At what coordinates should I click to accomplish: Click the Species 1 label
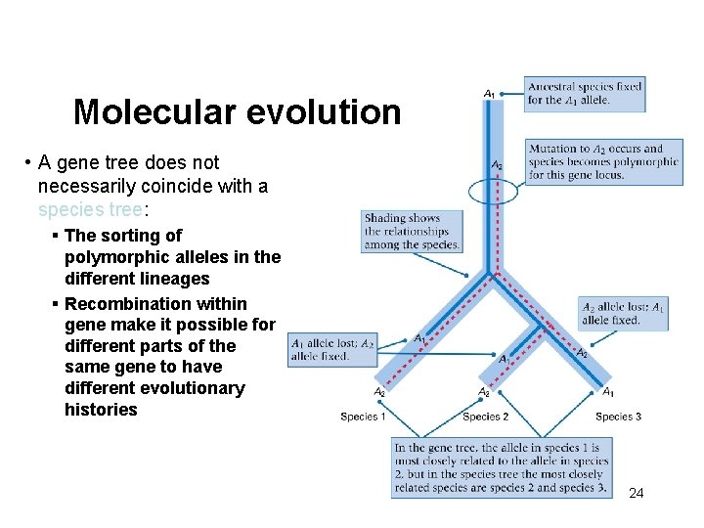pyautogui.click(x=363, y=417)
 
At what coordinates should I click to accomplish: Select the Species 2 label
pyautogui.click(x=485, y=417)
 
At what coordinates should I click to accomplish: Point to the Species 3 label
pyautogui.click(x=618, y=417)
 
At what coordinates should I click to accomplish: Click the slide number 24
pyautogui.click(x=636, y=493)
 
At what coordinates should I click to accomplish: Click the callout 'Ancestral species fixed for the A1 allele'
pyautogui.click(x=584, y=94)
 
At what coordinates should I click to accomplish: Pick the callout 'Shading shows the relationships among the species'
pyautogui.click(x=411, y=232)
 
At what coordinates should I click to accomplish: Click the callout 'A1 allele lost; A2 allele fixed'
pyautogui.click(x=332, y=350)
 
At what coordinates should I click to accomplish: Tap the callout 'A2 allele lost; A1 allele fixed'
pyautogui.click(x=623, y=313)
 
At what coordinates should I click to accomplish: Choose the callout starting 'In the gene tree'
pyautogui.click(x=502, y=467)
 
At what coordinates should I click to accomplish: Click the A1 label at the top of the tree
pyautogui.click(x=489, y=94)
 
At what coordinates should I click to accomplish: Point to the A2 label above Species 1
pyautogui.click(x=378, y=392)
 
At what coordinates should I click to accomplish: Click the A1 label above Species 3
pyautogui.click(x=608, y=392)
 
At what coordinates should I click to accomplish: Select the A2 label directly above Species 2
pyautogui.click(x=483, y=392)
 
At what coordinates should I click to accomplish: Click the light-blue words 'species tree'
pyautogui.click(x=91, y=209)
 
